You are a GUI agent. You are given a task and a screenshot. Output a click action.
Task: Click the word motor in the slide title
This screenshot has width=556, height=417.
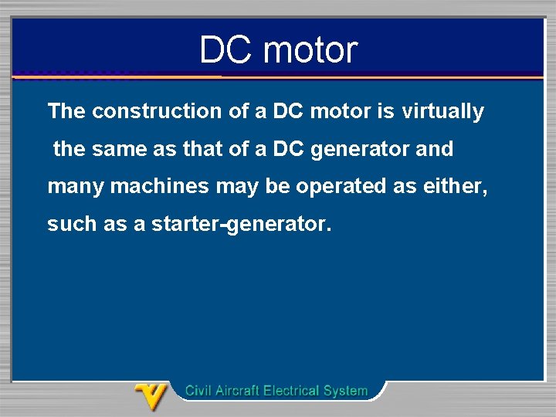pos(310,50)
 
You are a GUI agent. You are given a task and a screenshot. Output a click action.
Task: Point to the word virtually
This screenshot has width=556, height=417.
pos(442,111)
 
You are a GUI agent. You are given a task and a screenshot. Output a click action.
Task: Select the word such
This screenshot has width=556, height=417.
pos(69,224)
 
